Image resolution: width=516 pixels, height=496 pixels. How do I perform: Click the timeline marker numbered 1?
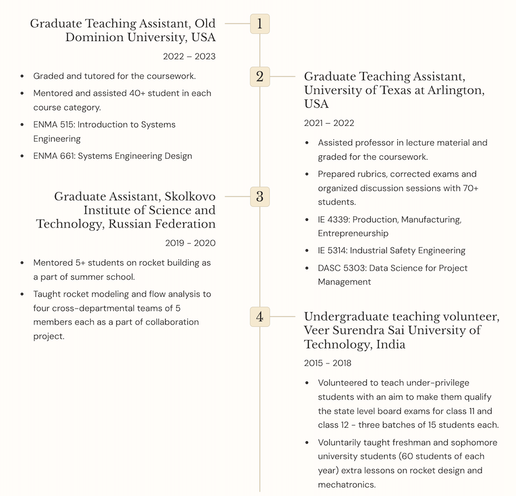260,24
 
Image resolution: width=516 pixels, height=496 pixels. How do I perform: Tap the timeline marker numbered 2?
260,76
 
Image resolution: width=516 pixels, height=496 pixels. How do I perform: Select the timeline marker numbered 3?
260,196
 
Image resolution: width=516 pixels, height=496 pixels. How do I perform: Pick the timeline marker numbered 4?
260,317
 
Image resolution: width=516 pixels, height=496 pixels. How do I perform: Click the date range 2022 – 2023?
189,57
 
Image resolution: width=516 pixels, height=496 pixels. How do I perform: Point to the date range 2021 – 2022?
329,123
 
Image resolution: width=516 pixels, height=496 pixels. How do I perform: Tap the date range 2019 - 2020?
190,243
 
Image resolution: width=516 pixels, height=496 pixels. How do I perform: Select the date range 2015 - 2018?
327,363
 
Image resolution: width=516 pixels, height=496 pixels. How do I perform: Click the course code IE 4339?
333,220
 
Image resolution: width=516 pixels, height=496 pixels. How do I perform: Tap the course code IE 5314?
332,251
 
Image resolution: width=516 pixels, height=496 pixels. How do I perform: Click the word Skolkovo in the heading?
190,196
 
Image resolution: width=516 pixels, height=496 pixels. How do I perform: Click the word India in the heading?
390,345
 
